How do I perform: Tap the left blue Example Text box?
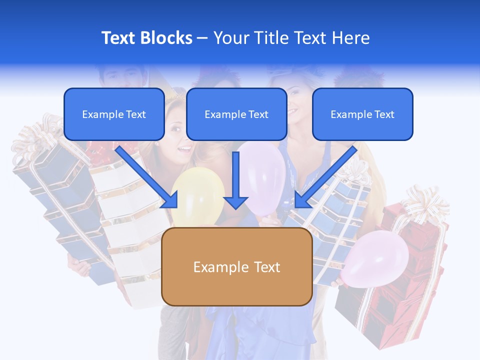114,114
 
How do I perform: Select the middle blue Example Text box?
236,114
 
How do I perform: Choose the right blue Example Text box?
362,114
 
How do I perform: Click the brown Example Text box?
236,267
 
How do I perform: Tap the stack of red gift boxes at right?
400,280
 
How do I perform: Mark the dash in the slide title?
202,38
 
